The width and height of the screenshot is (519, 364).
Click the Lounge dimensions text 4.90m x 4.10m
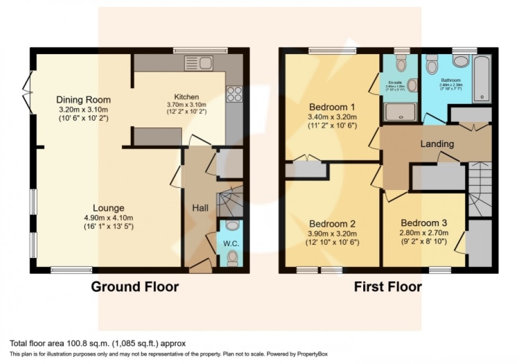point(109,218)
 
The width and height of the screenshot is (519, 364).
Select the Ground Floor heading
point(135,287)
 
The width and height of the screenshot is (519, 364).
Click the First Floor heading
point(388,287)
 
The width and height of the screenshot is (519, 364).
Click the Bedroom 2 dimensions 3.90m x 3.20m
point(333,233)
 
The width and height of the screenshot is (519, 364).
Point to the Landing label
point(437,144)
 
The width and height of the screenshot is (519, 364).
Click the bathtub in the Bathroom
point(481,78)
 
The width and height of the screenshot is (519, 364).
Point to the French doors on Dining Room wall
point(27,91)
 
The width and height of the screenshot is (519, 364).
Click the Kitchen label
point(186,97)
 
